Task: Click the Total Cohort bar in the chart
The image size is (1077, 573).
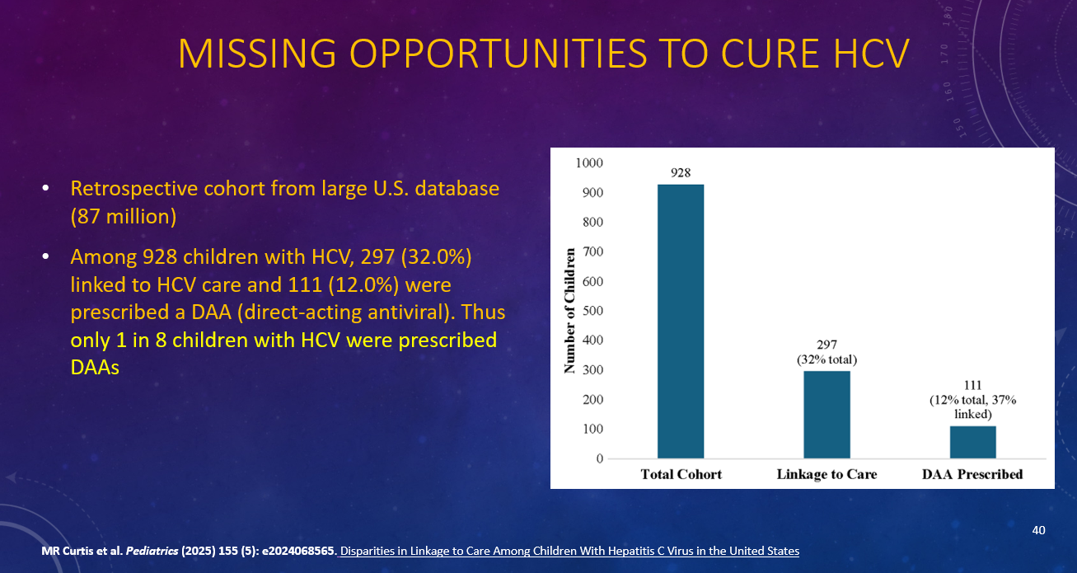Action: click(681, 321)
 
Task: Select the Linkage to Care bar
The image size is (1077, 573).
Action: click(826, 414)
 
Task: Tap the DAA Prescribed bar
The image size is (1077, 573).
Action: click(972, 441)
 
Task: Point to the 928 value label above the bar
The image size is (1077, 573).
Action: click(681, 173)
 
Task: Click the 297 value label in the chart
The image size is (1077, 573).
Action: click(826, 345)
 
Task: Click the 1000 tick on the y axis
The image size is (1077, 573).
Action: click(591, 163)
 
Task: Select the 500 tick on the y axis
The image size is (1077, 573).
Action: click(593, 311)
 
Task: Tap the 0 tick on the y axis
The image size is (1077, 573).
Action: click(599, 458)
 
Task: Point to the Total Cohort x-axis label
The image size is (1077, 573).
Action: click(681, 475)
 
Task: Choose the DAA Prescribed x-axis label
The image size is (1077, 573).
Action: click(972, 475)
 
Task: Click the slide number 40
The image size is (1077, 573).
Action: click(1038, 530)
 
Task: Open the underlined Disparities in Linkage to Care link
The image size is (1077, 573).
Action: click(569, 551)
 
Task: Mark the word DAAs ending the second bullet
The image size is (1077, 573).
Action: click(95, 368)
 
